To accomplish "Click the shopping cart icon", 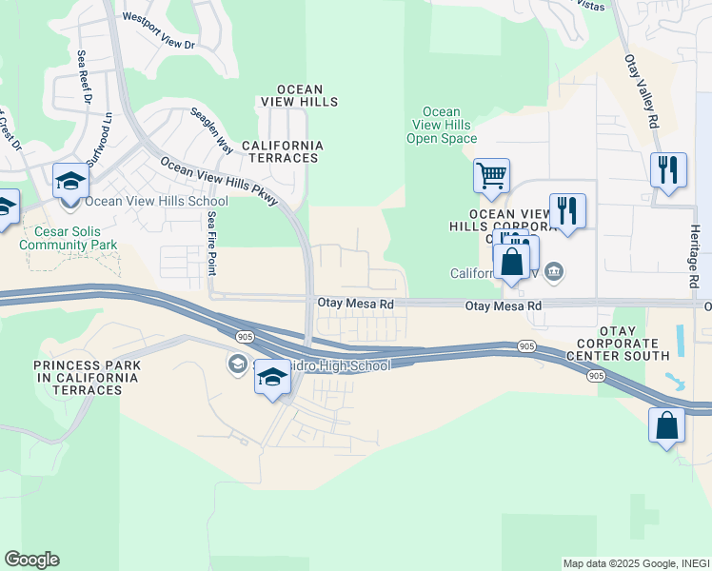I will coord(491,176).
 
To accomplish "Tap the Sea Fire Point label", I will coord(211,245).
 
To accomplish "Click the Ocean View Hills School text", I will coord(156,201).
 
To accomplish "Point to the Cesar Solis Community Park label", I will coord(76,238).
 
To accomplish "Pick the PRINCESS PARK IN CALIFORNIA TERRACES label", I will coord(87,371).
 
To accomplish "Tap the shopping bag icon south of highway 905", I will coord(666,425).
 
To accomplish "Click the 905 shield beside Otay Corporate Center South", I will coord(596,377).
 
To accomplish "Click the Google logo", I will coord(31,560).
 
